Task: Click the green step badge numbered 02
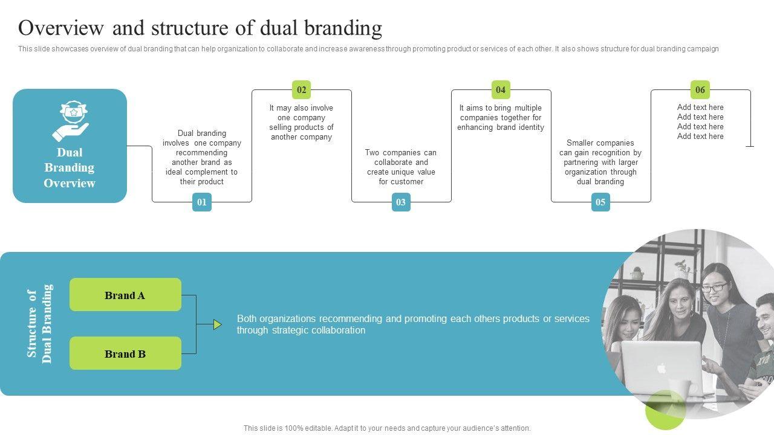click(301, 90)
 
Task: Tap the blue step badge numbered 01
click(202, 202)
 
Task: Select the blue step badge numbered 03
click(401, 202)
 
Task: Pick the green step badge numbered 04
click(501, 90)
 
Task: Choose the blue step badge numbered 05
click(600, 202)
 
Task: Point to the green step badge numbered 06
click(700, 90)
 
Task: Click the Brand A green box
click(125, 295)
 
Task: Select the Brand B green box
click(125, 353)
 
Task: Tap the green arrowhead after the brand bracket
click(217, 325)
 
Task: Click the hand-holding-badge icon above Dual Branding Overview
click(70, 121)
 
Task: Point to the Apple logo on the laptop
click(662, 368)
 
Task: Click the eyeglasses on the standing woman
click(714, 288)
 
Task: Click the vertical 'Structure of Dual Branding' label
click(39, 324)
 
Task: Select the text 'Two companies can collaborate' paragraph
click(401, 167)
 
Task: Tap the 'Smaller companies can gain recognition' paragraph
click(600, 163)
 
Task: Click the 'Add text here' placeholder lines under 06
click(700, 122)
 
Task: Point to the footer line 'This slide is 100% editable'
click(387, 428)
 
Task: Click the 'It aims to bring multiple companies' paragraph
click(501, 118)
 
